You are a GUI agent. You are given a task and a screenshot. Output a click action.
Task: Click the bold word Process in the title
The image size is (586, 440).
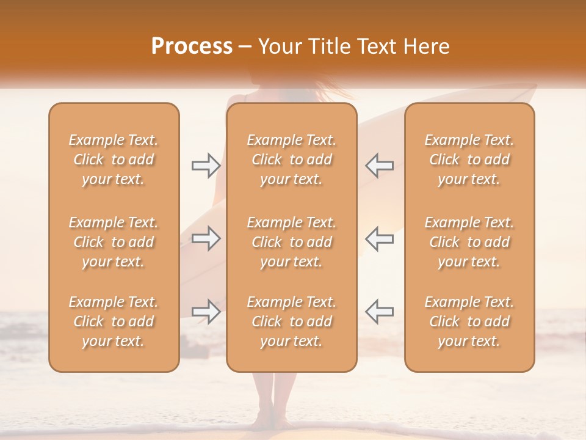pos(192,46)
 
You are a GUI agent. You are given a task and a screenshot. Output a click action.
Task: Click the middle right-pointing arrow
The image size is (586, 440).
pos(206,238)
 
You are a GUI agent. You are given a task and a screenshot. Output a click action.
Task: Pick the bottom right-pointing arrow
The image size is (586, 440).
pos(206,312)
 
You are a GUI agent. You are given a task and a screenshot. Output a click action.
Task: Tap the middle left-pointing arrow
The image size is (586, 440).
pos(379,238)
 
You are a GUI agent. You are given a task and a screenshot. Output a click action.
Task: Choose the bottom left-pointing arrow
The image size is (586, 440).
pos(379,312)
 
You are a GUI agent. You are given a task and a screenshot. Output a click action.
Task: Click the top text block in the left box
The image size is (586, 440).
pos(114,159)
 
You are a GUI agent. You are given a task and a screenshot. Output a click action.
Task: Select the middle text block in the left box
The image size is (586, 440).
pos(114,242)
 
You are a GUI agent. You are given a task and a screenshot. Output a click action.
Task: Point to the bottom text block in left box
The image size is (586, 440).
pos(114,321)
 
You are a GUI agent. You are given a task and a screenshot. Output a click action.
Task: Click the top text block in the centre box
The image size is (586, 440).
pos(291,159)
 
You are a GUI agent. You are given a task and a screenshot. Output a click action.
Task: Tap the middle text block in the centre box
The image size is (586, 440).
pos(291,242)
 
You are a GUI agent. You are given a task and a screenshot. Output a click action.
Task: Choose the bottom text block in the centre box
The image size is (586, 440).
pos(291,321)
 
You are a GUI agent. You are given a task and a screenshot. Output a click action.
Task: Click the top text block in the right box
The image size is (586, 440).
pos(469,159)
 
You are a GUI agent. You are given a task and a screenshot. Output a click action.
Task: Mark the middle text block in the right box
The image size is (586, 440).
pos(469,242)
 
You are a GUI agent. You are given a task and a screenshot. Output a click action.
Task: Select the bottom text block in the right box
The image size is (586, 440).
pos(469,321)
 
